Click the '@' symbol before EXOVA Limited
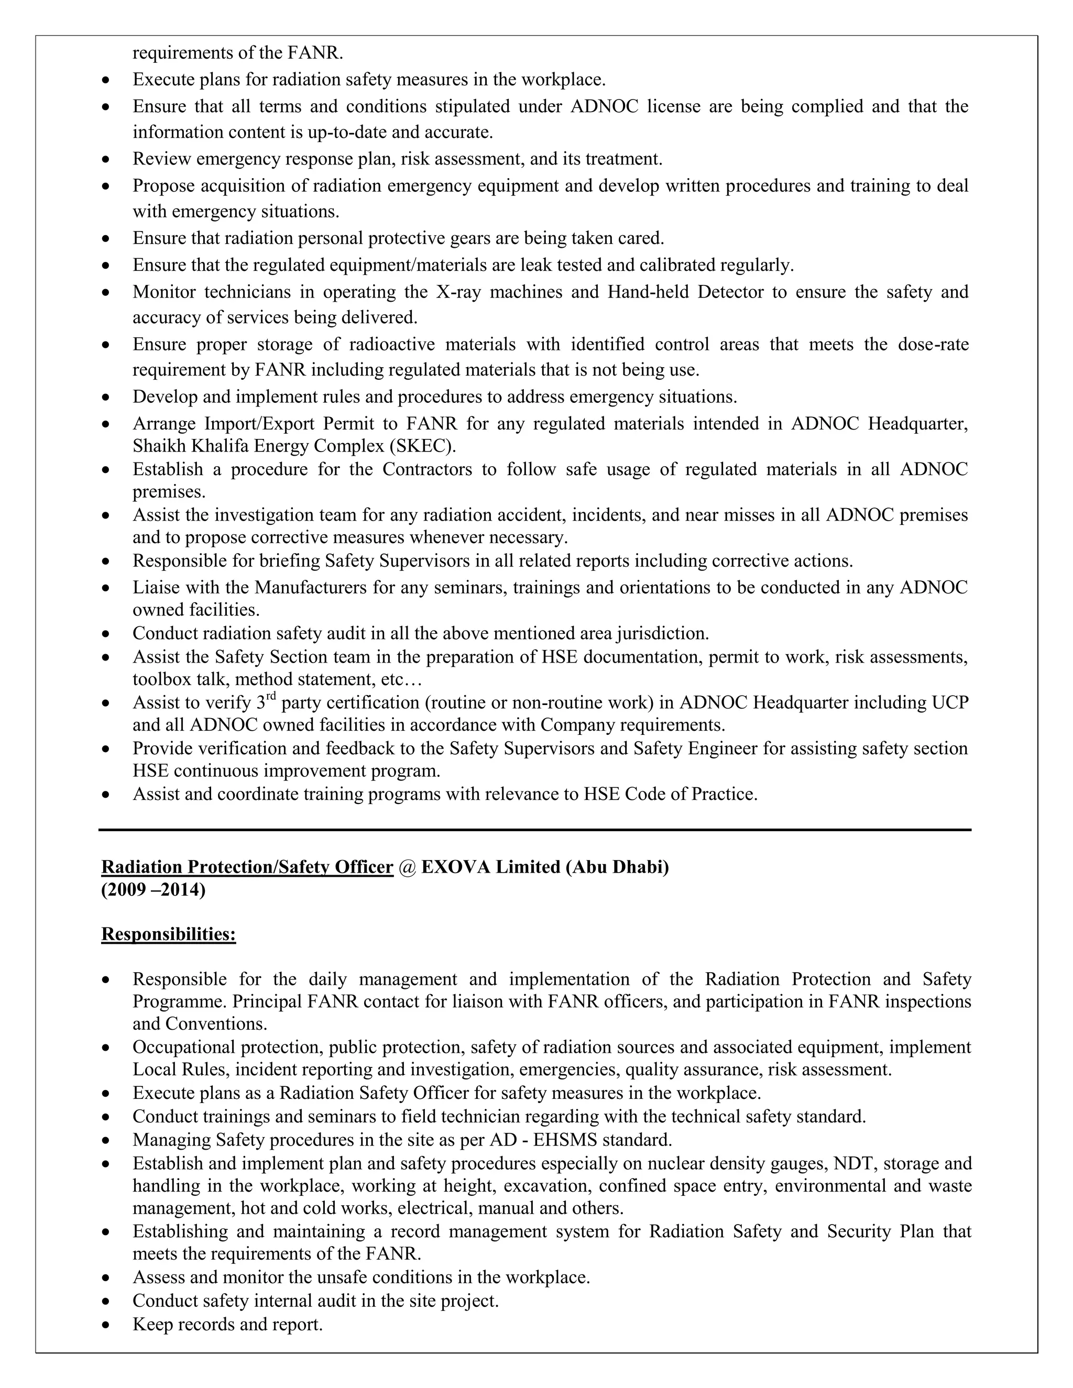407,867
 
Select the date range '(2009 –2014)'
153,890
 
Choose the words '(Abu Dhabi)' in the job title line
617,867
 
